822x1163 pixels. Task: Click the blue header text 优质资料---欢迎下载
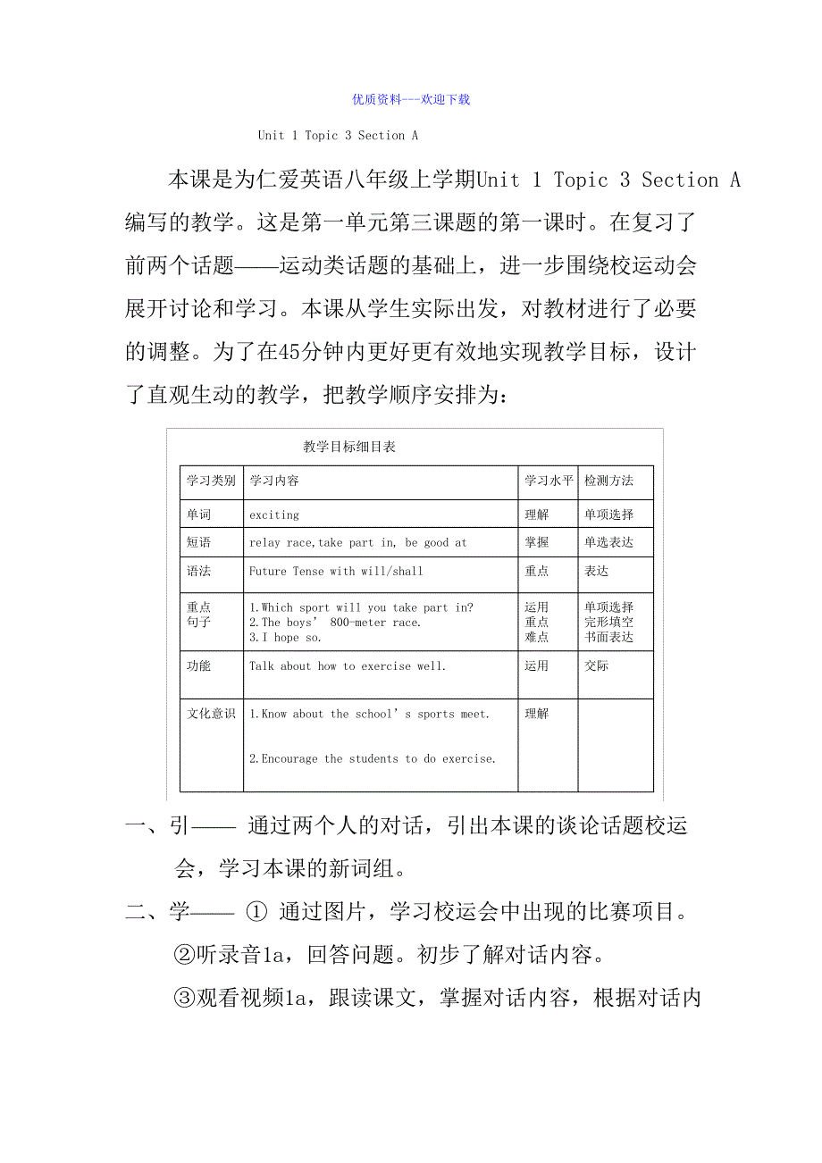[411, 99]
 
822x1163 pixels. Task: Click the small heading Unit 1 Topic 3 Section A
[338, 136]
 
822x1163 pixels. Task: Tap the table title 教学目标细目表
[349, 447]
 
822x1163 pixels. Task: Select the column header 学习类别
[211, 481]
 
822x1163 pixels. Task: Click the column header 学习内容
[274, 481]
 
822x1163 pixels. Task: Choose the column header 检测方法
[608, 481]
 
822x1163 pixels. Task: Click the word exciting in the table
[274, 515]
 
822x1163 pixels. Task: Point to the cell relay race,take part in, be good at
[357, 542]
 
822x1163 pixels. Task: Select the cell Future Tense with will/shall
[336, 571]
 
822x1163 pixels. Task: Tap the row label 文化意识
[211, 714]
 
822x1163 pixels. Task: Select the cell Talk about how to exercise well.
[348, 665]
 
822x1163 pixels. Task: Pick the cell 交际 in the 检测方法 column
[596, 665]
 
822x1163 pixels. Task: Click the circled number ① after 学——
[256, 913]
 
